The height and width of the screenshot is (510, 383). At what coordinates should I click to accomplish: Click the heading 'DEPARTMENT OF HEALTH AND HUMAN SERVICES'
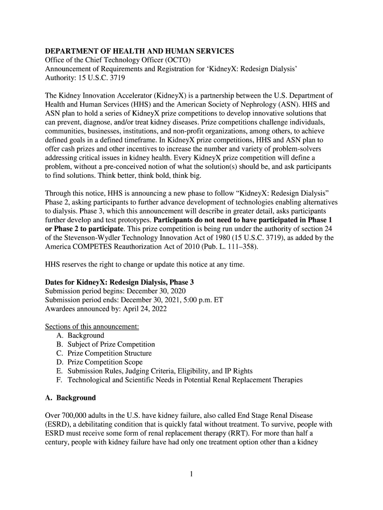point(139,51)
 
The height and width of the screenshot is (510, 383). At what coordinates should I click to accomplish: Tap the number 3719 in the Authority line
point(114,78)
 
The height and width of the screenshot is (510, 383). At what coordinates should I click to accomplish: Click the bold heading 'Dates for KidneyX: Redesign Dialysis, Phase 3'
point(119,282)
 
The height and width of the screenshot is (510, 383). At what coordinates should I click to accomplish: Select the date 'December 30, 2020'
point(157,291)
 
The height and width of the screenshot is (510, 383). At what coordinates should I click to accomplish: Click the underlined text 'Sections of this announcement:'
point(92,327)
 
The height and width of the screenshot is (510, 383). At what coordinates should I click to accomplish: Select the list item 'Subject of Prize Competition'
point(111,345)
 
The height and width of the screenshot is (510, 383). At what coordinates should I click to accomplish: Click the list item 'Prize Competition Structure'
point(109,354)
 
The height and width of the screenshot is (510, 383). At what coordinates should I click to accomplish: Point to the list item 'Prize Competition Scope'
point(105,363)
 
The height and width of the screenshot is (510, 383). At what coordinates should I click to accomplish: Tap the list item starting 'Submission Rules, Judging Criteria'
point(160,372)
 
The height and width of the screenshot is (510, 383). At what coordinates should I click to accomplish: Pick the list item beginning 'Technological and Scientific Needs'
point(185,381)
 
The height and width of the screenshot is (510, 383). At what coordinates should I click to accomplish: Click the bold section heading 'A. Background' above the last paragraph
point(70,398)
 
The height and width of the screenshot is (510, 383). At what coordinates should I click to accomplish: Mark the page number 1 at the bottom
point(191,474)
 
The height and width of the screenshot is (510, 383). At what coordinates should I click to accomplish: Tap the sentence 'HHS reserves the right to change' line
point(145,264)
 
